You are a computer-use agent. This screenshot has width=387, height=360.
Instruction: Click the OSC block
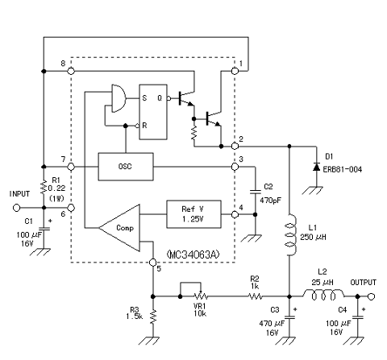click(x=126, y=167)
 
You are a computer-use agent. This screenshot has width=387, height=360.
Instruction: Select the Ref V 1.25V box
click(x=193, y=214)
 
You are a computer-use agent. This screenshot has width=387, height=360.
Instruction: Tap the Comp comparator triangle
click(x=119, y=228)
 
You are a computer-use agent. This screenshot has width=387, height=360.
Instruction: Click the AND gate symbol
click(x=119, y=98)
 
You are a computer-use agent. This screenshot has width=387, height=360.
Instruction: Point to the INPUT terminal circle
click(x=17, y=208)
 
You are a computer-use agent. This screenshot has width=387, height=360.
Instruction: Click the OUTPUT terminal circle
click(x=371, y=296)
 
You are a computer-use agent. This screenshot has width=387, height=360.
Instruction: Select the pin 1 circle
click(x=235, y=71)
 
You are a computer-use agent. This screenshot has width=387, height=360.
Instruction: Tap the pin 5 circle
click(x=152, y=262)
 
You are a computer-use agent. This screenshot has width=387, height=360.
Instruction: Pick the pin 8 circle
click(x=71, y=71)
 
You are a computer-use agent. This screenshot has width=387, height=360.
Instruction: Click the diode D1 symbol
click(x=317, y=167)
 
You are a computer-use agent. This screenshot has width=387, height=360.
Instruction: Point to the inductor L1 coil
click(x=291, y=235)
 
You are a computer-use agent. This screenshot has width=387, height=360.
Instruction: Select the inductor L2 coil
click(x=323, y=295)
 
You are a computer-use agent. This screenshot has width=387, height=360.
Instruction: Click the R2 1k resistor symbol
click(x=255, y=296)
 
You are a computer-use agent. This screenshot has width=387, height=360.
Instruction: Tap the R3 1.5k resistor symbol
click(x=153, y=317)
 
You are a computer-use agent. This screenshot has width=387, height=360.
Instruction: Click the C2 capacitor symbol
click(x=256, y=192)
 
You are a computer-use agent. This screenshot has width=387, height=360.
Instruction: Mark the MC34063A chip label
click(x=193, y=254)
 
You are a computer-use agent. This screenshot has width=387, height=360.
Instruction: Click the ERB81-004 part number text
click(x=343, y=170)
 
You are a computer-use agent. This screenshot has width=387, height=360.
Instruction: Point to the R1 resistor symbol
click(x=44, y=188)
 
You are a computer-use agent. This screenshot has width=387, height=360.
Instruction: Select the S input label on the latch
click(x=144, y=98)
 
